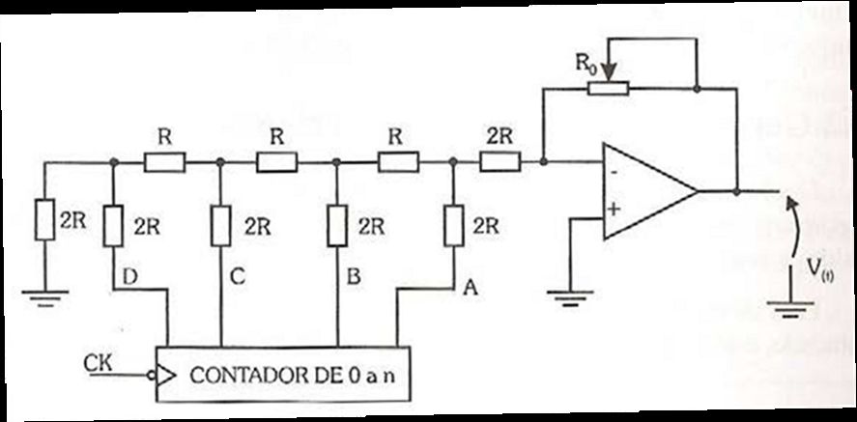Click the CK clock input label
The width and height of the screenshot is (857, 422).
pos(98,362)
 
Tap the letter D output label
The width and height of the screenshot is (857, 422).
pos(130,277)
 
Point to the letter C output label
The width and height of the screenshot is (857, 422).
pos(238,277)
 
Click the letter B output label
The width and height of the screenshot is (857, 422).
pos(354,277)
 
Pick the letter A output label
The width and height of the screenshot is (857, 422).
pos(470,288)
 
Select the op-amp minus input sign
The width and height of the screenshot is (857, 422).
pos(614,173)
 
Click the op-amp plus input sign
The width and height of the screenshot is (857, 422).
pos(614,210)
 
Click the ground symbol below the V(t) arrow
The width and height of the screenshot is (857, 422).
pos(791,309)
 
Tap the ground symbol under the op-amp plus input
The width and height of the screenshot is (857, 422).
pos(570,298)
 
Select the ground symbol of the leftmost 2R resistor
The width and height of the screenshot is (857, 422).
pos(45,298)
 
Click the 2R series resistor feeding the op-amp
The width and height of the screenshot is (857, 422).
pos(500,162)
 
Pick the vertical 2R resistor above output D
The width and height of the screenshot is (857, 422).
pos(113,226)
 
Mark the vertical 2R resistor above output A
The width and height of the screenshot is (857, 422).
pos(454,225)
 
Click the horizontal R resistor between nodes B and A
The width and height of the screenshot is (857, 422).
pos(398,162)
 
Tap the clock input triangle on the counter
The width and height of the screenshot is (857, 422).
pos(166,376)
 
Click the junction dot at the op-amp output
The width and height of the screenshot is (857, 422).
pos(737,192)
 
